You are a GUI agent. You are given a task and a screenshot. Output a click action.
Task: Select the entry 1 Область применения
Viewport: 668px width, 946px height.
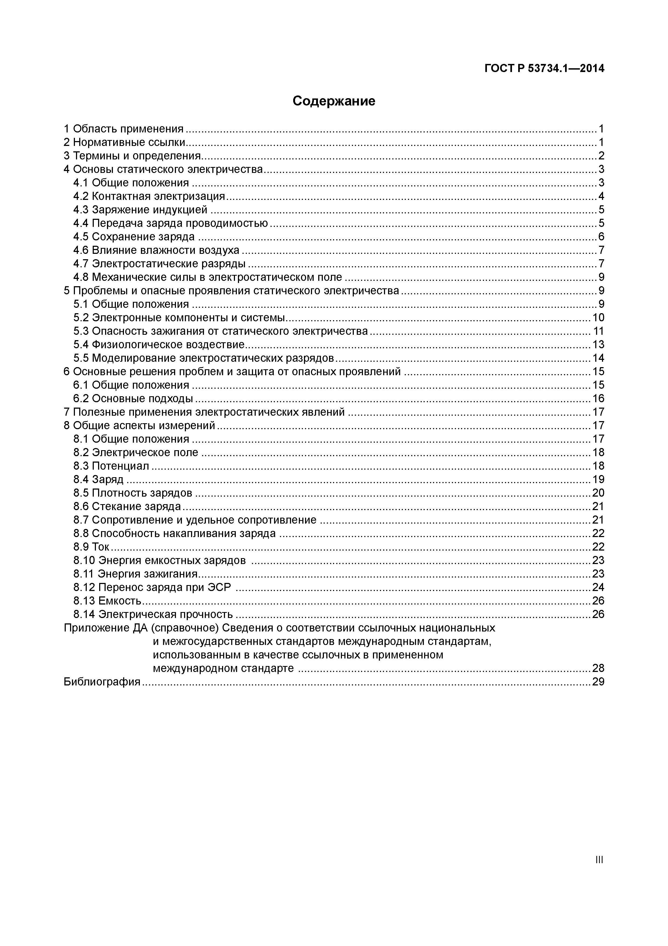coord(123,129)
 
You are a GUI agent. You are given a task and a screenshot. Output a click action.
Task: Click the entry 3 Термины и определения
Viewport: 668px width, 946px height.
coord(132,156)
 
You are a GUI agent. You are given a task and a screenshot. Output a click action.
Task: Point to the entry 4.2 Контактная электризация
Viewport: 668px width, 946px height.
coord(149,196)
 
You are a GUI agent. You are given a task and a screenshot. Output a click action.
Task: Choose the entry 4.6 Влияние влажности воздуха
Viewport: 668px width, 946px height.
coord(156,250)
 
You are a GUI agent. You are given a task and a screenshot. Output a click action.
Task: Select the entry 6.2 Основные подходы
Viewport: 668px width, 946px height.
coord(133,398)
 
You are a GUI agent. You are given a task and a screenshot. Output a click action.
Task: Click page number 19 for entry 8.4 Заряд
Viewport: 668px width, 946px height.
coord(598,479)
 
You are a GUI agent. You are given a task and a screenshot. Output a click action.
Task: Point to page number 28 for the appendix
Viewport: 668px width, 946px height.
coord(598,668)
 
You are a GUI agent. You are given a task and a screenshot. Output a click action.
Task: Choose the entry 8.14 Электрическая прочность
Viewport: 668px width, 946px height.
coord(153,614)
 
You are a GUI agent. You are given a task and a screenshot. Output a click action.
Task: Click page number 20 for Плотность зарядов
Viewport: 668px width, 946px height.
coord(598,493)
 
